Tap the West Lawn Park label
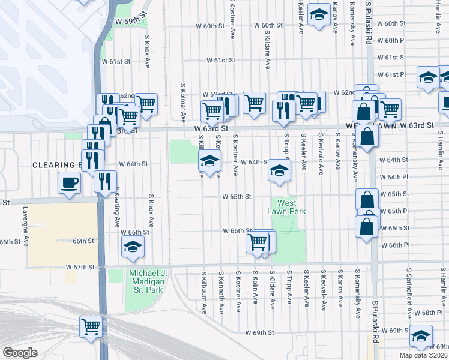286,207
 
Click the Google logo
20,353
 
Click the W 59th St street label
131,21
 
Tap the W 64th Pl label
394,177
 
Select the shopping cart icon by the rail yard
91,327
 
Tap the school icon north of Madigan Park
133,246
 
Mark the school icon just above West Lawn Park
278,170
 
